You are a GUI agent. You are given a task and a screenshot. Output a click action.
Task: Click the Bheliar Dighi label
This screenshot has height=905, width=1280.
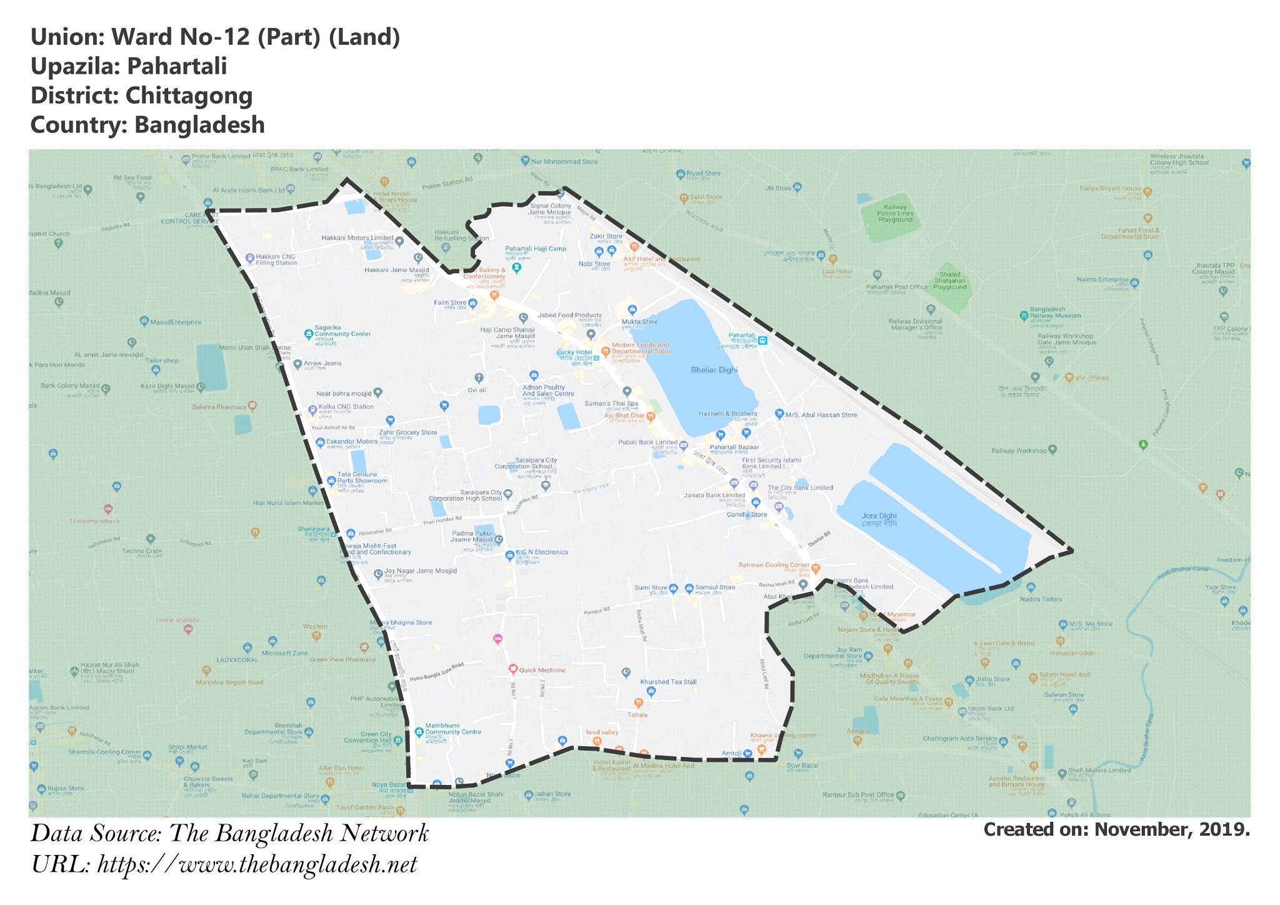pos(714,370)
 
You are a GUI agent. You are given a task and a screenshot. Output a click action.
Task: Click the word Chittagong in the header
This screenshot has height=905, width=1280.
pos(189,96)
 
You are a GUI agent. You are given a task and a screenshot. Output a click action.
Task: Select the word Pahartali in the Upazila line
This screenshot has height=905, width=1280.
pos(177,66)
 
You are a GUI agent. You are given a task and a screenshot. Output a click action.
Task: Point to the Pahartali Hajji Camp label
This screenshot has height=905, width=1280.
pos(536,249)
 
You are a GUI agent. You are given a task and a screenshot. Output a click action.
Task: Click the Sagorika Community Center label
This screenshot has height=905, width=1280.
pos(342,331)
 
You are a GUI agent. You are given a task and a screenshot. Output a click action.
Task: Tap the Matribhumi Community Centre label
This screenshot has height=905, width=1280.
pos(452,729)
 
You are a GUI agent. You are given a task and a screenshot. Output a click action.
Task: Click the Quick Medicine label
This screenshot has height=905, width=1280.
pos(541,670)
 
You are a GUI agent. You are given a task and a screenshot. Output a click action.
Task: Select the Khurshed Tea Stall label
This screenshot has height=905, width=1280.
pos(668,682)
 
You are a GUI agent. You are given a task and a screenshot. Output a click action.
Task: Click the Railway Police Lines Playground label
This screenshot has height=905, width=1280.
pos(895,213)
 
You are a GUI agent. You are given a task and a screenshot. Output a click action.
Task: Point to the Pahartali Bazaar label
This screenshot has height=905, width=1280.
pos(734,447)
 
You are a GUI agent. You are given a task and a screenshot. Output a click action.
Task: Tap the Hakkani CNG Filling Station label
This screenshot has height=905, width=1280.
pos(276,259)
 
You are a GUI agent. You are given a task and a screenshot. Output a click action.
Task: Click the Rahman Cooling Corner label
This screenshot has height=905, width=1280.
pos(774,565)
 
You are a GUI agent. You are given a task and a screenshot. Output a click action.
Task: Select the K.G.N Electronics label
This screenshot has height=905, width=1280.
pos(541,552)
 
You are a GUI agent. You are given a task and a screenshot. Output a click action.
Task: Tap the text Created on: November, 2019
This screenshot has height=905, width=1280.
pos(1116,829)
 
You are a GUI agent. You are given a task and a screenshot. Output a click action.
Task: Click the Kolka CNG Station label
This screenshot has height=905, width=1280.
pos(346,407)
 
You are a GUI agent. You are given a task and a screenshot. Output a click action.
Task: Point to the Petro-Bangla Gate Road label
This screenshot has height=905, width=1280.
pos(437,672)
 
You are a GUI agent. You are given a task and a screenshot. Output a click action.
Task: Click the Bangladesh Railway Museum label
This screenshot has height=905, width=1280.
pos(1055,312)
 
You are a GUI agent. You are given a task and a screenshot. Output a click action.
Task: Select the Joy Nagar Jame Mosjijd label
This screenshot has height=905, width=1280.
pos(420,571)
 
